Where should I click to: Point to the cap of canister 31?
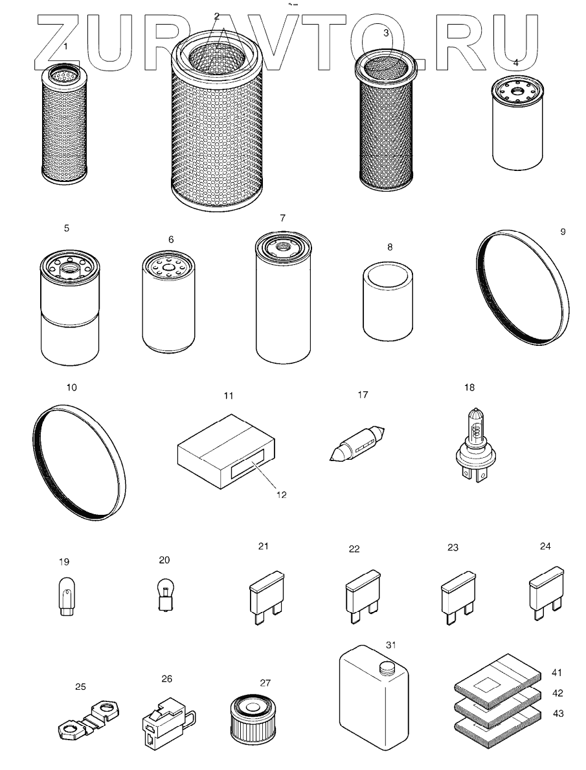(387, 668)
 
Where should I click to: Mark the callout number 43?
(558, 713)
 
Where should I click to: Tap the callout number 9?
(563, 231)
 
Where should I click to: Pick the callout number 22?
(354, 549)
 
